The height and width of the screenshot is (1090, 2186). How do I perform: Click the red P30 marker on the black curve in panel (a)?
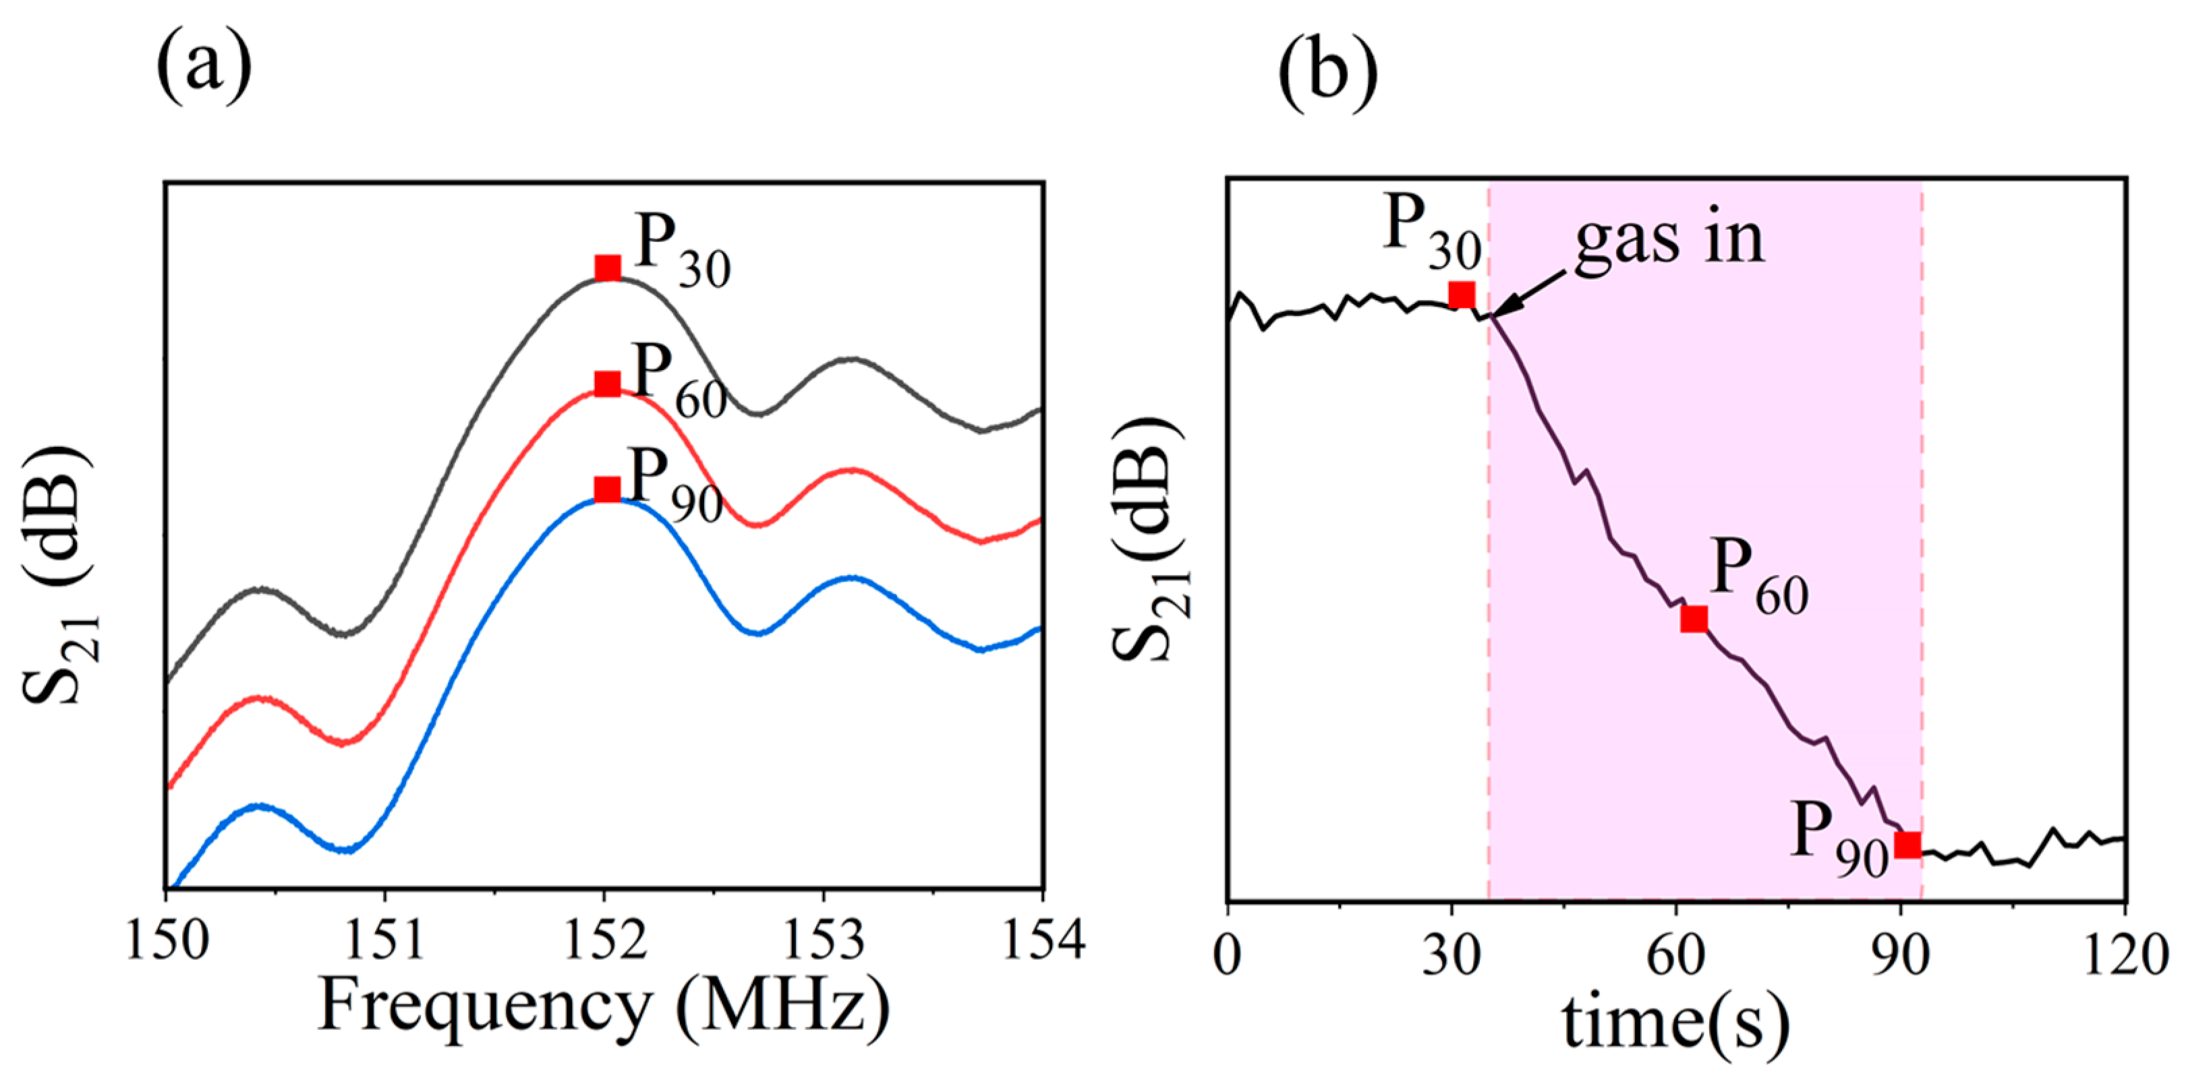(608, 268)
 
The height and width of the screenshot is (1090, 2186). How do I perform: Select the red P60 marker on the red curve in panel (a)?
(608, 384)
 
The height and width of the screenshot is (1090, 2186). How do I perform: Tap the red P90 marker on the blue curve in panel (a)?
(608, 489)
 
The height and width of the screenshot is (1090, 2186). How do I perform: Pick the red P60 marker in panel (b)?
(1694, 619)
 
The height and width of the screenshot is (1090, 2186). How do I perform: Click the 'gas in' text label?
(1669, 240)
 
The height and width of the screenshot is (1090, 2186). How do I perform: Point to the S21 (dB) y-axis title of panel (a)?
(59, 577)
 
